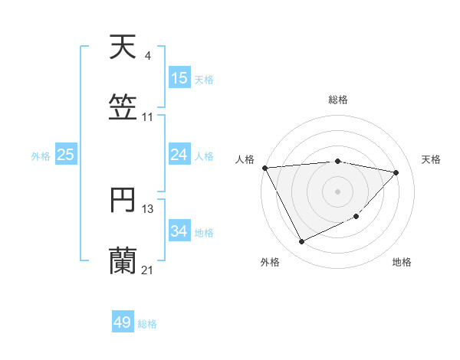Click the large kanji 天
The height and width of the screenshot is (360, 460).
[123, 47]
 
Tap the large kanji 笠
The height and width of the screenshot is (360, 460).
[123, 107]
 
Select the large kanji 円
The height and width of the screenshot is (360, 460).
[123, 201]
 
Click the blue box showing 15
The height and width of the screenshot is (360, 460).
[179, 78]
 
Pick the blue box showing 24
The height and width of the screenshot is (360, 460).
[179, 155]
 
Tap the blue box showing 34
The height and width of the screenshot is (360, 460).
[179, 231]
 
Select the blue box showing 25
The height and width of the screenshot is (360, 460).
[66, 155]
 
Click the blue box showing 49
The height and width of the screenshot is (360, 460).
[123, 322]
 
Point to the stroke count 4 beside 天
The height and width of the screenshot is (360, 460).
[147, 56]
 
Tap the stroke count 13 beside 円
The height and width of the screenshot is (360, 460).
[148, 208]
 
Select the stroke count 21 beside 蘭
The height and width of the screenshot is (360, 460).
[148, 270]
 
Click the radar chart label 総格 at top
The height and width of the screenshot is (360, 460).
[338, 100]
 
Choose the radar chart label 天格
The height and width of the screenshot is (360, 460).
[431, 159]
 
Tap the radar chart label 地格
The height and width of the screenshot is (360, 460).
[402, 262]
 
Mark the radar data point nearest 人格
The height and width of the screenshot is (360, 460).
[264, 168]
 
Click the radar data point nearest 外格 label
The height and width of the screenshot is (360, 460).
[301, 242]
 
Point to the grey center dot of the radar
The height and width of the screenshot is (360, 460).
[338, 191]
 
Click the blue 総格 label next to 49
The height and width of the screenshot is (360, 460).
[148, 323]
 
